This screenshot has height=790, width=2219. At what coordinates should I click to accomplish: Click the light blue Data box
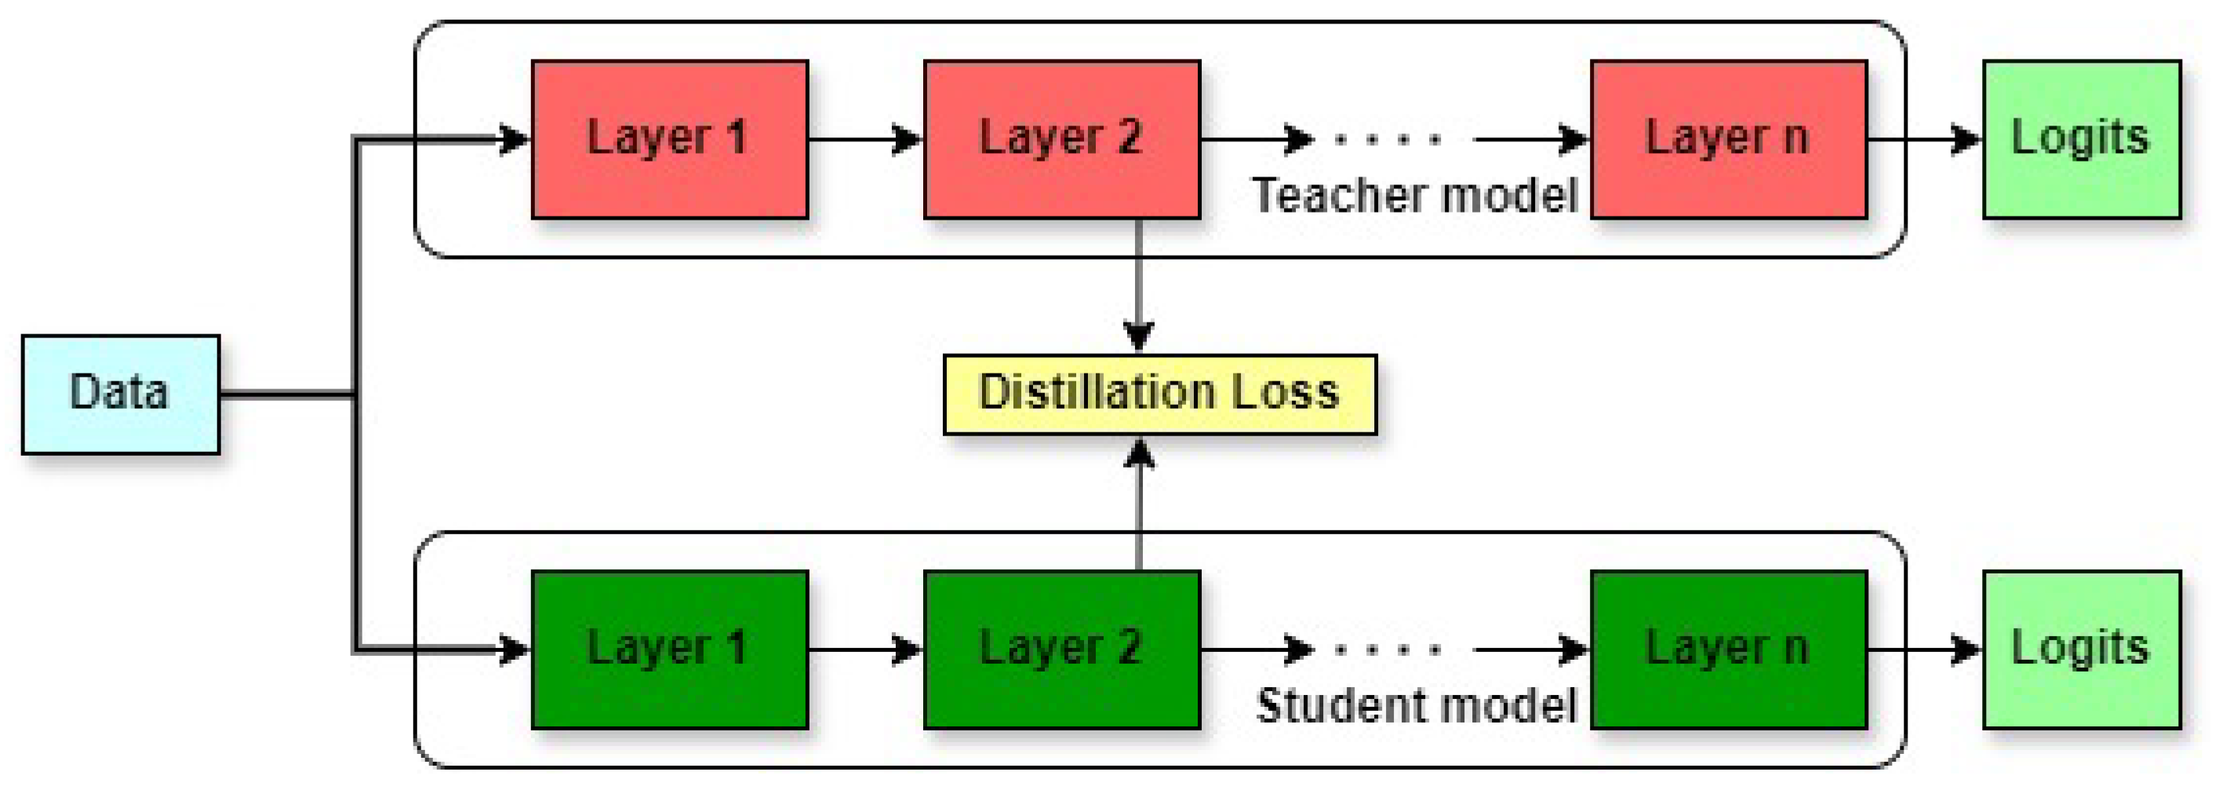121,394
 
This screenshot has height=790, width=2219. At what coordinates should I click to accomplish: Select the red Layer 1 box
669,139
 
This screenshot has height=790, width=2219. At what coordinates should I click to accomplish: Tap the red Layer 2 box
1061,139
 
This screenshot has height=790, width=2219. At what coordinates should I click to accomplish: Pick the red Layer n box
1728,139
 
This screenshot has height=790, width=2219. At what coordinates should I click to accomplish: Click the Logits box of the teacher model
2081,139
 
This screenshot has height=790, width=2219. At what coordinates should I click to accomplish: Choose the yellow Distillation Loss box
1159,394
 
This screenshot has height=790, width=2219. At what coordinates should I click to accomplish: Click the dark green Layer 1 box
669,649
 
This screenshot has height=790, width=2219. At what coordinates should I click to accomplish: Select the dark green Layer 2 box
1061,649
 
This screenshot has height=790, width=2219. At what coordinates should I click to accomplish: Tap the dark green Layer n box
1728,649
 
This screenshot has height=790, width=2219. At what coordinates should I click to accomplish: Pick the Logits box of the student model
2081,649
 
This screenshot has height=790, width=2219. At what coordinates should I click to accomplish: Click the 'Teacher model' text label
1414,195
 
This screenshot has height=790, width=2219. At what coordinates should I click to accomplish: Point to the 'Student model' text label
1416,705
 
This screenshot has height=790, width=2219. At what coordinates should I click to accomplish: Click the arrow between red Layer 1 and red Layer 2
865,139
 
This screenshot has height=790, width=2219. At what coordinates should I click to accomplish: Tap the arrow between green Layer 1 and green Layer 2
865,649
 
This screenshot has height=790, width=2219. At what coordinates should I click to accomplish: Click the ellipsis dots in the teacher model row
1387,139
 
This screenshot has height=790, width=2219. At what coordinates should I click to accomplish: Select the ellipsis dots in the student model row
1387,649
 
